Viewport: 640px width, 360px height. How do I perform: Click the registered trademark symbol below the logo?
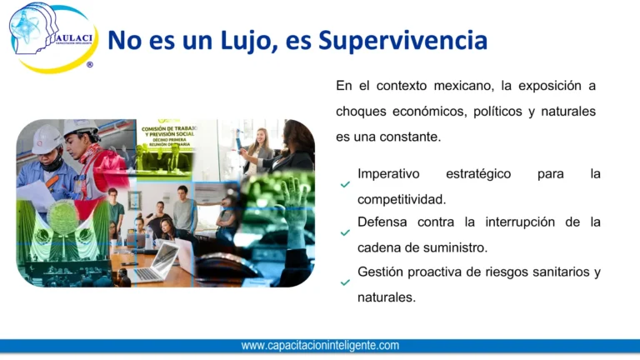coord(89,64)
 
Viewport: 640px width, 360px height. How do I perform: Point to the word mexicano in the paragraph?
coord(461,86)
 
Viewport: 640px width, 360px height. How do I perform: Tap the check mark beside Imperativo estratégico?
coord(345,185)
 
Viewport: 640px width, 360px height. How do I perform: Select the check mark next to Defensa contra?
coord(345,233)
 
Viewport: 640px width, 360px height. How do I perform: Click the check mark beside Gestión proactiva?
coord(345,282)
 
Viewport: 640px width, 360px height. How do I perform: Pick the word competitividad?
coord(401,199)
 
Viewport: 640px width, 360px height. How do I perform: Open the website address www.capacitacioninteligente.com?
coord(320,345)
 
